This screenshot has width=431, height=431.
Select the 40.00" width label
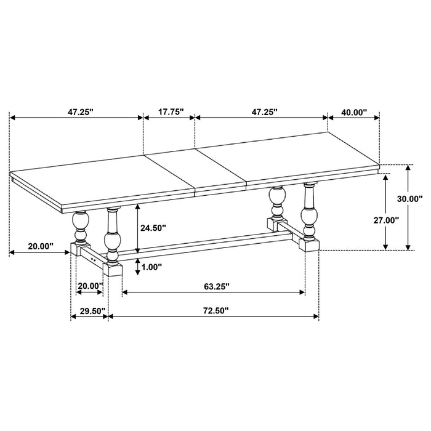coord(353,112)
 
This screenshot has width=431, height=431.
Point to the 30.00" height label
coord(409,199)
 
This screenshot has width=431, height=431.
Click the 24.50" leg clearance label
coord(153,228)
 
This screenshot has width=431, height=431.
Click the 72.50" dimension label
coord(213,311)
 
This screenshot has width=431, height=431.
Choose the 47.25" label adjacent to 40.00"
coord(263,112)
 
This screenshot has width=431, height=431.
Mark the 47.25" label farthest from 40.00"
coord(80,112)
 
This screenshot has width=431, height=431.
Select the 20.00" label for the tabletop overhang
coord(40,246)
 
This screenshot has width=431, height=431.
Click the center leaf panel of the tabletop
coord(194,169)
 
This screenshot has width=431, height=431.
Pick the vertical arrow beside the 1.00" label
coord(137,267)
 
